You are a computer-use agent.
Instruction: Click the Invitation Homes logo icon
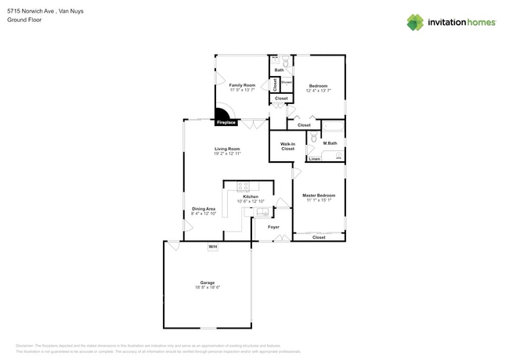pos(415,22)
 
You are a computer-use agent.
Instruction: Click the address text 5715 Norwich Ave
pos(31,12)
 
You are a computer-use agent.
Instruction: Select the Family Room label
pos(242,85)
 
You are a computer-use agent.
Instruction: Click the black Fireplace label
pos(226,123)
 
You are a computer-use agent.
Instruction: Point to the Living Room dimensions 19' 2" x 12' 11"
pos(227,153)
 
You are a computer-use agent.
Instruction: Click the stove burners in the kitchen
pos(243,186)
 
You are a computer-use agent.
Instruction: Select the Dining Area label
pos(204,209)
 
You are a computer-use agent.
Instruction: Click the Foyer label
pos(273,227)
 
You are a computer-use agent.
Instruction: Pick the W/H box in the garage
pos(212,247)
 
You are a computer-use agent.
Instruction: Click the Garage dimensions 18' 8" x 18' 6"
pos(208,287)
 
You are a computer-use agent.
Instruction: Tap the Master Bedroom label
pos(319,195)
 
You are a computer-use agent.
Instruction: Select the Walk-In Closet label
pos(287,146)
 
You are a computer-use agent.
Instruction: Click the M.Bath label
pos(330,143)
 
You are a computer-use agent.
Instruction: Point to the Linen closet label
pos(314,159)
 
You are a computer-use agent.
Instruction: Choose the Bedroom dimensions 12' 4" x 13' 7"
pos(318,91)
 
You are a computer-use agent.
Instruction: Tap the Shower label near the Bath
pos(287,81)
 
